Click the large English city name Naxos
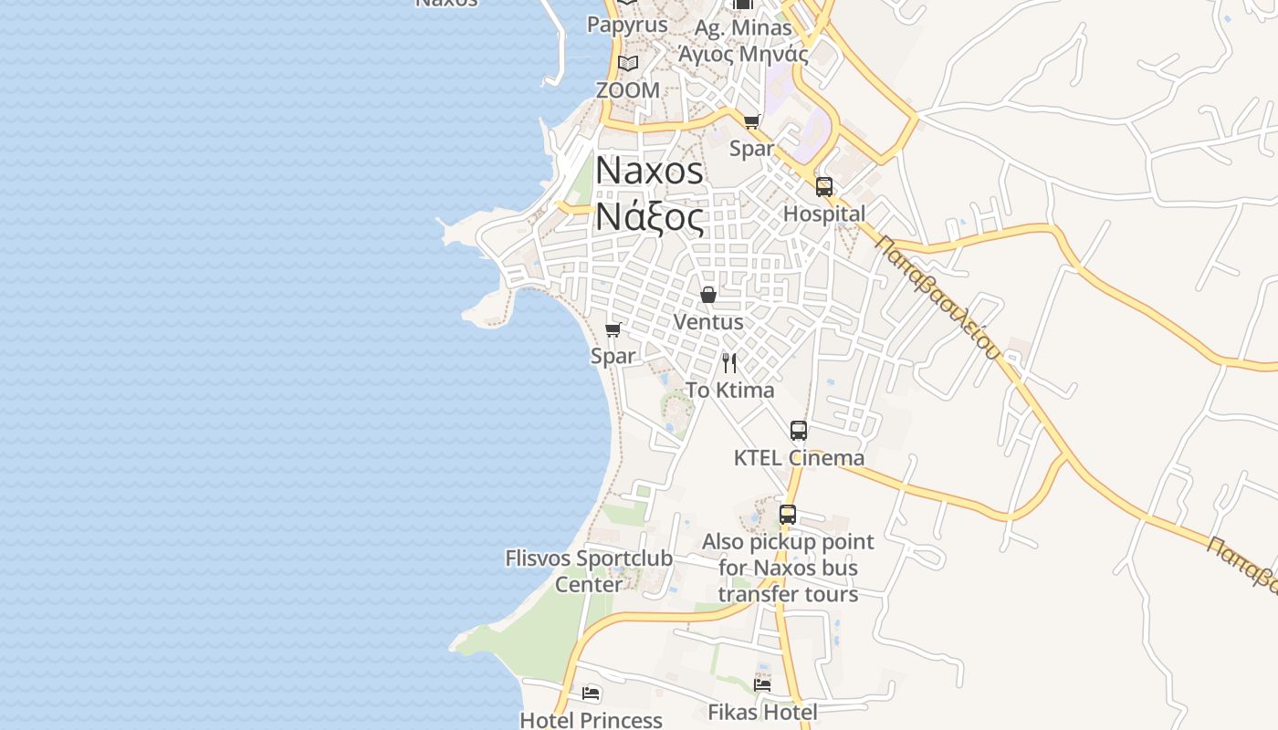click(x=649, y=171)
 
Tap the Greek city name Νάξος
click(x=649, y=218)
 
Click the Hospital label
click(x=824, y=214)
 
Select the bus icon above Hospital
click(x=824, y=187)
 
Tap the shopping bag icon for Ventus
click(x=707, y=295)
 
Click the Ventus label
click(x=707, y=322)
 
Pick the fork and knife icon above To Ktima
click(x=729, y=363)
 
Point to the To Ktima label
click(x=729, y=391)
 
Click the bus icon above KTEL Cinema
click(x=799, y=431)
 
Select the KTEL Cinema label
click(x=799, y=458)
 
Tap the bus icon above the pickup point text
click(x=788, y=515)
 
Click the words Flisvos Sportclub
click(x=589, y=558)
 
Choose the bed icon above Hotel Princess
click(x=591, y=693)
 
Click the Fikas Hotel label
click(x=762, y=712)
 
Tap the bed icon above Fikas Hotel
click(x=762, y=684)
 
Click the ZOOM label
click(x=627, y=90)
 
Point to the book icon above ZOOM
click(x=627, y=63)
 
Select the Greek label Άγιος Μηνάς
click(x=742, y=54)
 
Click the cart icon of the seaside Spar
click(x=613, y=329)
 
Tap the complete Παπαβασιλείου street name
click(x=938, y=297)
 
